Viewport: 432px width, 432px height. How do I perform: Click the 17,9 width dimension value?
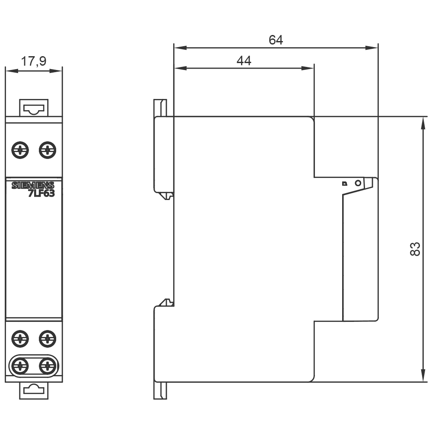(34, 61)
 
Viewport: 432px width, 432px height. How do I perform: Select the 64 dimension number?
(276, 40)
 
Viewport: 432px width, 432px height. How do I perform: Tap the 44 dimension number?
(244, 61)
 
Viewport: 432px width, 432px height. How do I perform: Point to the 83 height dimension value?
(414, 249)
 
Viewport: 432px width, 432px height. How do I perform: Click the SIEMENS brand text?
(33, 186)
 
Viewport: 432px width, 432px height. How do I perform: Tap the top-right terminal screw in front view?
(47, 150)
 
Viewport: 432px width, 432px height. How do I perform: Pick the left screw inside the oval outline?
(20, 366)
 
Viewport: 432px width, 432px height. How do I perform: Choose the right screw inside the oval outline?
(47, 366)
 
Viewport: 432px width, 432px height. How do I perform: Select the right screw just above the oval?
(47, 337)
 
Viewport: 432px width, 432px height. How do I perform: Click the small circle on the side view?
(357, 183)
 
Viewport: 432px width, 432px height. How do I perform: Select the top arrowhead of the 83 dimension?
(422, 123)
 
